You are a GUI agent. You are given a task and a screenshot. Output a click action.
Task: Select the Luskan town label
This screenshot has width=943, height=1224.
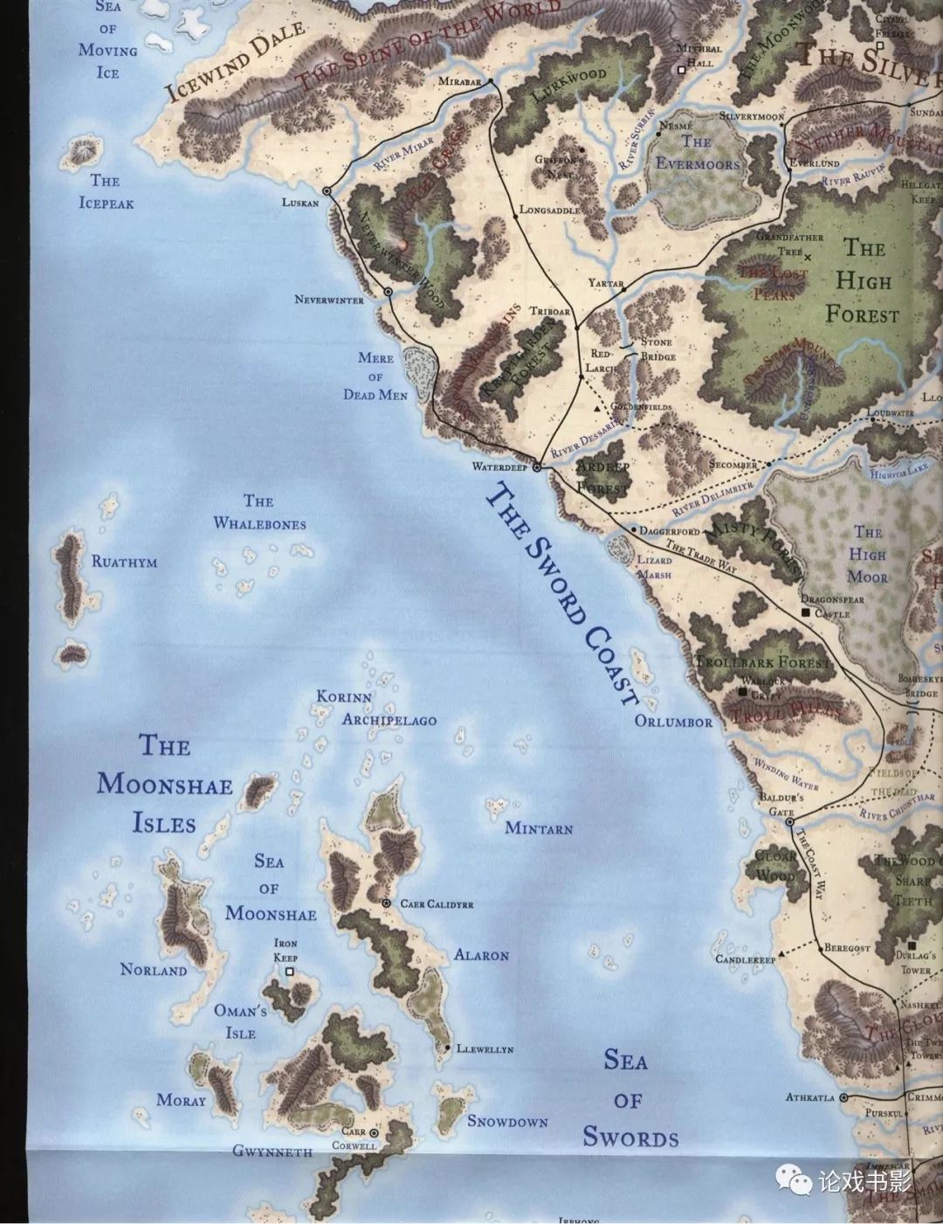[x=301, y=203]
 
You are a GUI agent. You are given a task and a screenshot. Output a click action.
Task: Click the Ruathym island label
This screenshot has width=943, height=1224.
[x=124, y=562]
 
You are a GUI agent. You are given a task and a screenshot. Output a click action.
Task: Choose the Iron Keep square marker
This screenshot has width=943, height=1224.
[x=290, y=971]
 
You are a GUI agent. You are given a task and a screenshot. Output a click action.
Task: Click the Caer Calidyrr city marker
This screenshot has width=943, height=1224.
[x=386, y=902]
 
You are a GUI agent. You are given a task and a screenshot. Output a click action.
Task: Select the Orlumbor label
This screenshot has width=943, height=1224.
[x=673, y=722]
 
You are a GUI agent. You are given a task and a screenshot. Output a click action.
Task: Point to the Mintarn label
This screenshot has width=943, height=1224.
[x=539, y=827]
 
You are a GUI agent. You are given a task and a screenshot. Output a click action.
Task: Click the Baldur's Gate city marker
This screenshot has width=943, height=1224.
[x=789, y=822]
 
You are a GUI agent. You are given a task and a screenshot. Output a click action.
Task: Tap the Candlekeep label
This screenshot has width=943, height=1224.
[x=746, y=959]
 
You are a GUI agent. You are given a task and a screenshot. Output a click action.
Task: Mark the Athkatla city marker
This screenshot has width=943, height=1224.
[x=844, y=1098]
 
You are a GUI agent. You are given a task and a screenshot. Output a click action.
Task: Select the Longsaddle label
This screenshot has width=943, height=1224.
[x=550, y=210]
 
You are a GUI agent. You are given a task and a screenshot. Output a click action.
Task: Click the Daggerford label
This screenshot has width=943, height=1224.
[x=670, y=530]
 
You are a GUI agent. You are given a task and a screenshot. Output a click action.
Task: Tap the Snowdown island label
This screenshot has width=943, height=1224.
[x=507, y=1121]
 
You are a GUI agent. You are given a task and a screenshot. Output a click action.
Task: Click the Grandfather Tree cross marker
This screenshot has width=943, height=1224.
[x=807, y=257]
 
